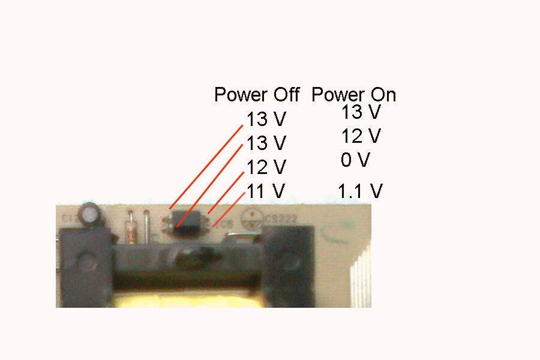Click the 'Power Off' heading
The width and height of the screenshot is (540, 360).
[257, 95]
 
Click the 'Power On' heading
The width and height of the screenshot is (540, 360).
[353, 95]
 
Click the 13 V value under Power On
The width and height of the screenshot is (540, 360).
[361, 112]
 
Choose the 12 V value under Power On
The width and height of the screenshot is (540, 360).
[361, 136]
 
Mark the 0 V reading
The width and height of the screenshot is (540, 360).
[356, 160]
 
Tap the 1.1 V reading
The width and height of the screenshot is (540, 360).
[360, 191]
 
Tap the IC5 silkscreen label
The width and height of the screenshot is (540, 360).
[226, 225]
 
